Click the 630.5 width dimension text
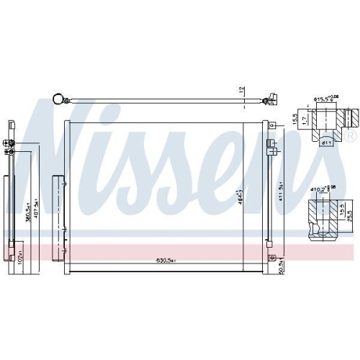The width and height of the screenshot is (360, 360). [x=159, y=261]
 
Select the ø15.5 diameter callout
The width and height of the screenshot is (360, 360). [x=325, y=99]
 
